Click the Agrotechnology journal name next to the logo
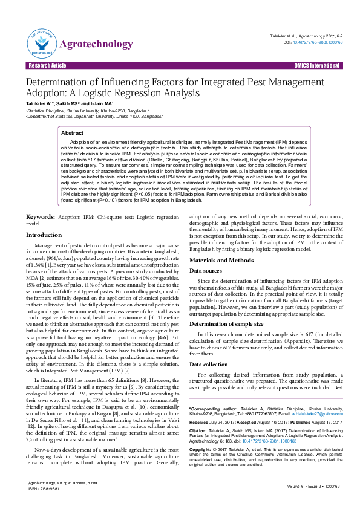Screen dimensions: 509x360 pos(96,44)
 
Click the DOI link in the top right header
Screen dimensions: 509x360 pos(313,42)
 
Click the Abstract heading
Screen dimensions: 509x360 pos(73,132)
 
